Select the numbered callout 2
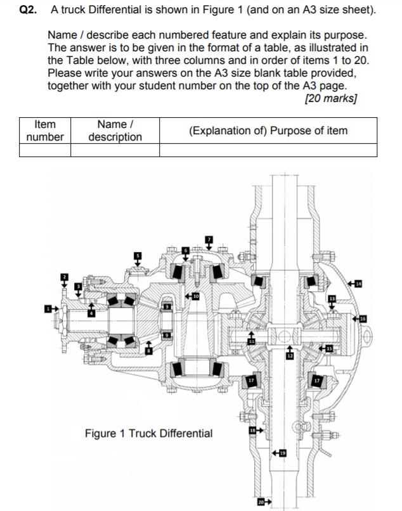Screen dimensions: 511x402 click(63, 277)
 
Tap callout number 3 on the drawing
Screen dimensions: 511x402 click(78, 287)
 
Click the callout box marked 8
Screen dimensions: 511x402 click(148, 350)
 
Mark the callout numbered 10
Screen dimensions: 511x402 click(196, 296)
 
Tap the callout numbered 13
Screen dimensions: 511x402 click(331, 298)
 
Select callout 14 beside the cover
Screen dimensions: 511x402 click(358, 282)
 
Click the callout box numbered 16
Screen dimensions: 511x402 click(363, 318)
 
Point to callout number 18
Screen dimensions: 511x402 click(252, 431)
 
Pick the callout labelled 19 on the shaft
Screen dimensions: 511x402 click(283, 453)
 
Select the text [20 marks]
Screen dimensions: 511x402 click(330, 99)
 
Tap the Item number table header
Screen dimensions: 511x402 click(44, 130)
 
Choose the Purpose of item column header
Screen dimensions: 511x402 click(268, 130)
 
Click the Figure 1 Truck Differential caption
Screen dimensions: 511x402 click(148, 433)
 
